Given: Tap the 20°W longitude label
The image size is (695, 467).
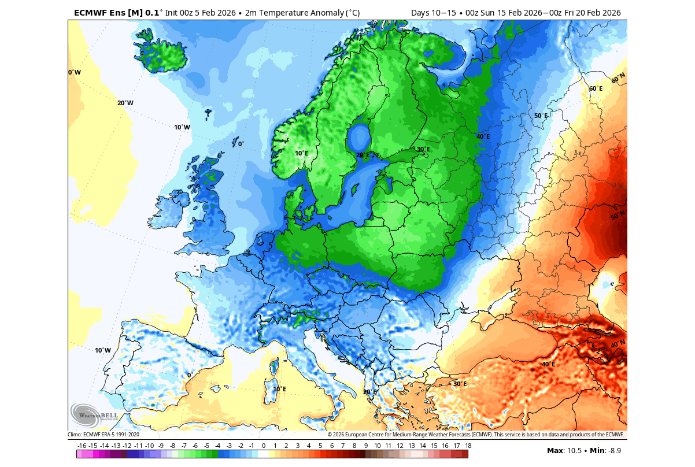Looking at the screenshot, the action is (125, 103).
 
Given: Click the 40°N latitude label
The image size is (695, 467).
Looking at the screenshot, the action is (618, 344).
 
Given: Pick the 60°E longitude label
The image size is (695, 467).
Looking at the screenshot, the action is (596, 88).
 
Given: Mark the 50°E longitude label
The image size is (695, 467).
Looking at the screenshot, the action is (540, 116).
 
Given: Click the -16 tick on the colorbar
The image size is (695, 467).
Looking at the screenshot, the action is (82, 446).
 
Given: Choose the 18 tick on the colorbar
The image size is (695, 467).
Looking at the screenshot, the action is (468, 446).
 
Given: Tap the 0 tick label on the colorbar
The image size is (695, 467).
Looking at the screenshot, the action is (263, 446).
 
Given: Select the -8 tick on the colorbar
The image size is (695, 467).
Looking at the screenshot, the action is (172, 446).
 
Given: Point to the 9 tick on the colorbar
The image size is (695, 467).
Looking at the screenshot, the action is (365, 446).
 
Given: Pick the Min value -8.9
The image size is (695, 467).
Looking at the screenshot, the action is (613, 450).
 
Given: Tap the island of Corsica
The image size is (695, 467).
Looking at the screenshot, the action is (275, 366).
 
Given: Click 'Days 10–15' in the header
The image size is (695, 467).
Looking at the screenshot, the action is (432, 12).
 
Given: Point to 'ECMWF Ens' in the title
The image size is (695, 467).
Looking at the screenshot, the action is (96, 12).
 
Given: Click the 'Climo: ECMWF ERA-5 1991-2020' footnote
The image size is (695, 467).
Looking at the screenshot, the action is (103, 435).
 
